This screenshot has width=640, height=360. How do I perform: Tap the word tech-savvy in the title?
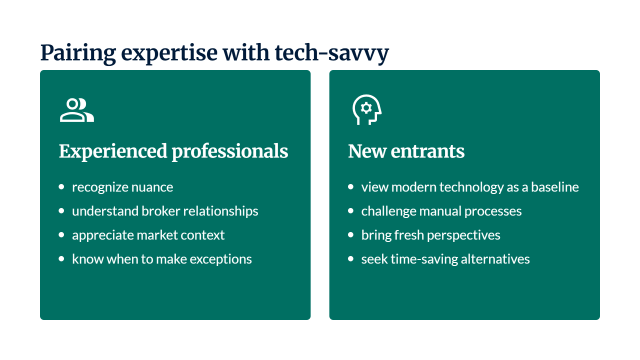pos(331,53)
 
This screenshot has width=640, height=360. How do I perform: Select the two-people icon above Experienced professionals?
pos(77,110)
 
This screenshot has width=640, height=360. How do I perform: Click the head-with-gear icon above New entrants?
pos(367,109)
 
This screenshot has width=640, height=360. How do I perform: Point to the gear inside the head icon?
pos(366,108)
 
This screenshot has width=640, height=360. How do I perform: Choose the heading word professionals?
pos(229,151)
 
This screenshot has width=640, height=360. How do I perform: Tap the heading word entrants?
pos(427,151)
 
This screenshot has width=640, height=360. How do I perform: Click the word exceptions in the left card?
pos(220,259)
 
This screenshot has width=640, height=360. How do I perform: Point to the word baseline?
pos(555,187)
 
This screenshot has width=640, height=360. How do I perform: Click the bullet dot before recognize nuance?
pos(61,187)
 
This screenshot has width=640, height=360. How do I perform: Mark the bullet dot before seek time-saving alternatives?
pos(351,259)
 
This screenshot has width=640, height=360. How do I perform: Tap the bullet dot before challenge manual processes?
pos(351,211)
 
